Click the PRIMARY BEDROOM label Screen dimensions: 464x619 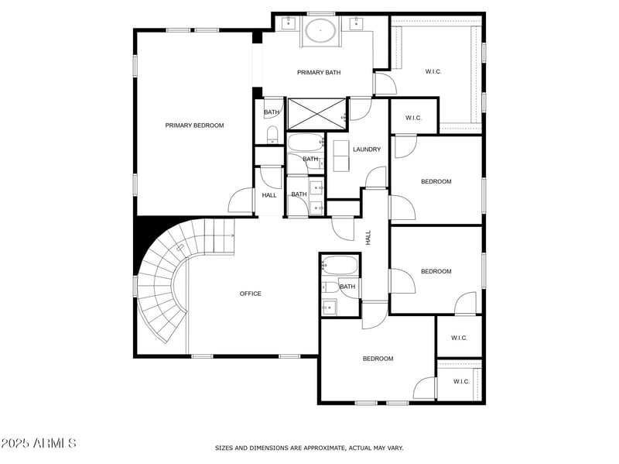(194, 125)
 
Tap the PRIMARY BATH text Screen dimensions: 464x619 (319, 73)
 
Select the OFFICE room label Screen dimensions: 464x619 (250, 294)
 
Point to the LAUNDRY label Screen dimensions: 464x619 (367, 150)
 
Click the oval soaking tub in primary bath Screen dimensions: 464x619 (320, 31)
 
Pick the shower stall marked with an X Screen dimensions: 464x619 (317, 113)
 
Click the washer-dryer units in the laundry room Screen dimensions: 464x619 (341, 153)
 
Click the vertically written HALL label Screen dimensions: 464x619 (368, 238)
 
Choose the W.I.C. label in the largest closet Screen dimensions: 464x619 (433, 72)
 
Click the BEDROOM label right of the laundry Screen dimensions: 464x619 (436, 182)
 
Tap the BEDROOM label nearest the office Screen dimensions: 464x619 (378, 359)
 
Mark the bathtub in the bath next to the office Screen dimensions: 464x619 (340, 266)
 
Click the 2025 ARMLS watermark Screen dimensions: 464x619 (39, 444)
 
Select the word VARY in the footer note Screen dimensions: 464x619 (393, 448)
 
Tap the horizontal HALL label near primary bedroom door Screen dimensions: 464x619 (269, 195)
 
